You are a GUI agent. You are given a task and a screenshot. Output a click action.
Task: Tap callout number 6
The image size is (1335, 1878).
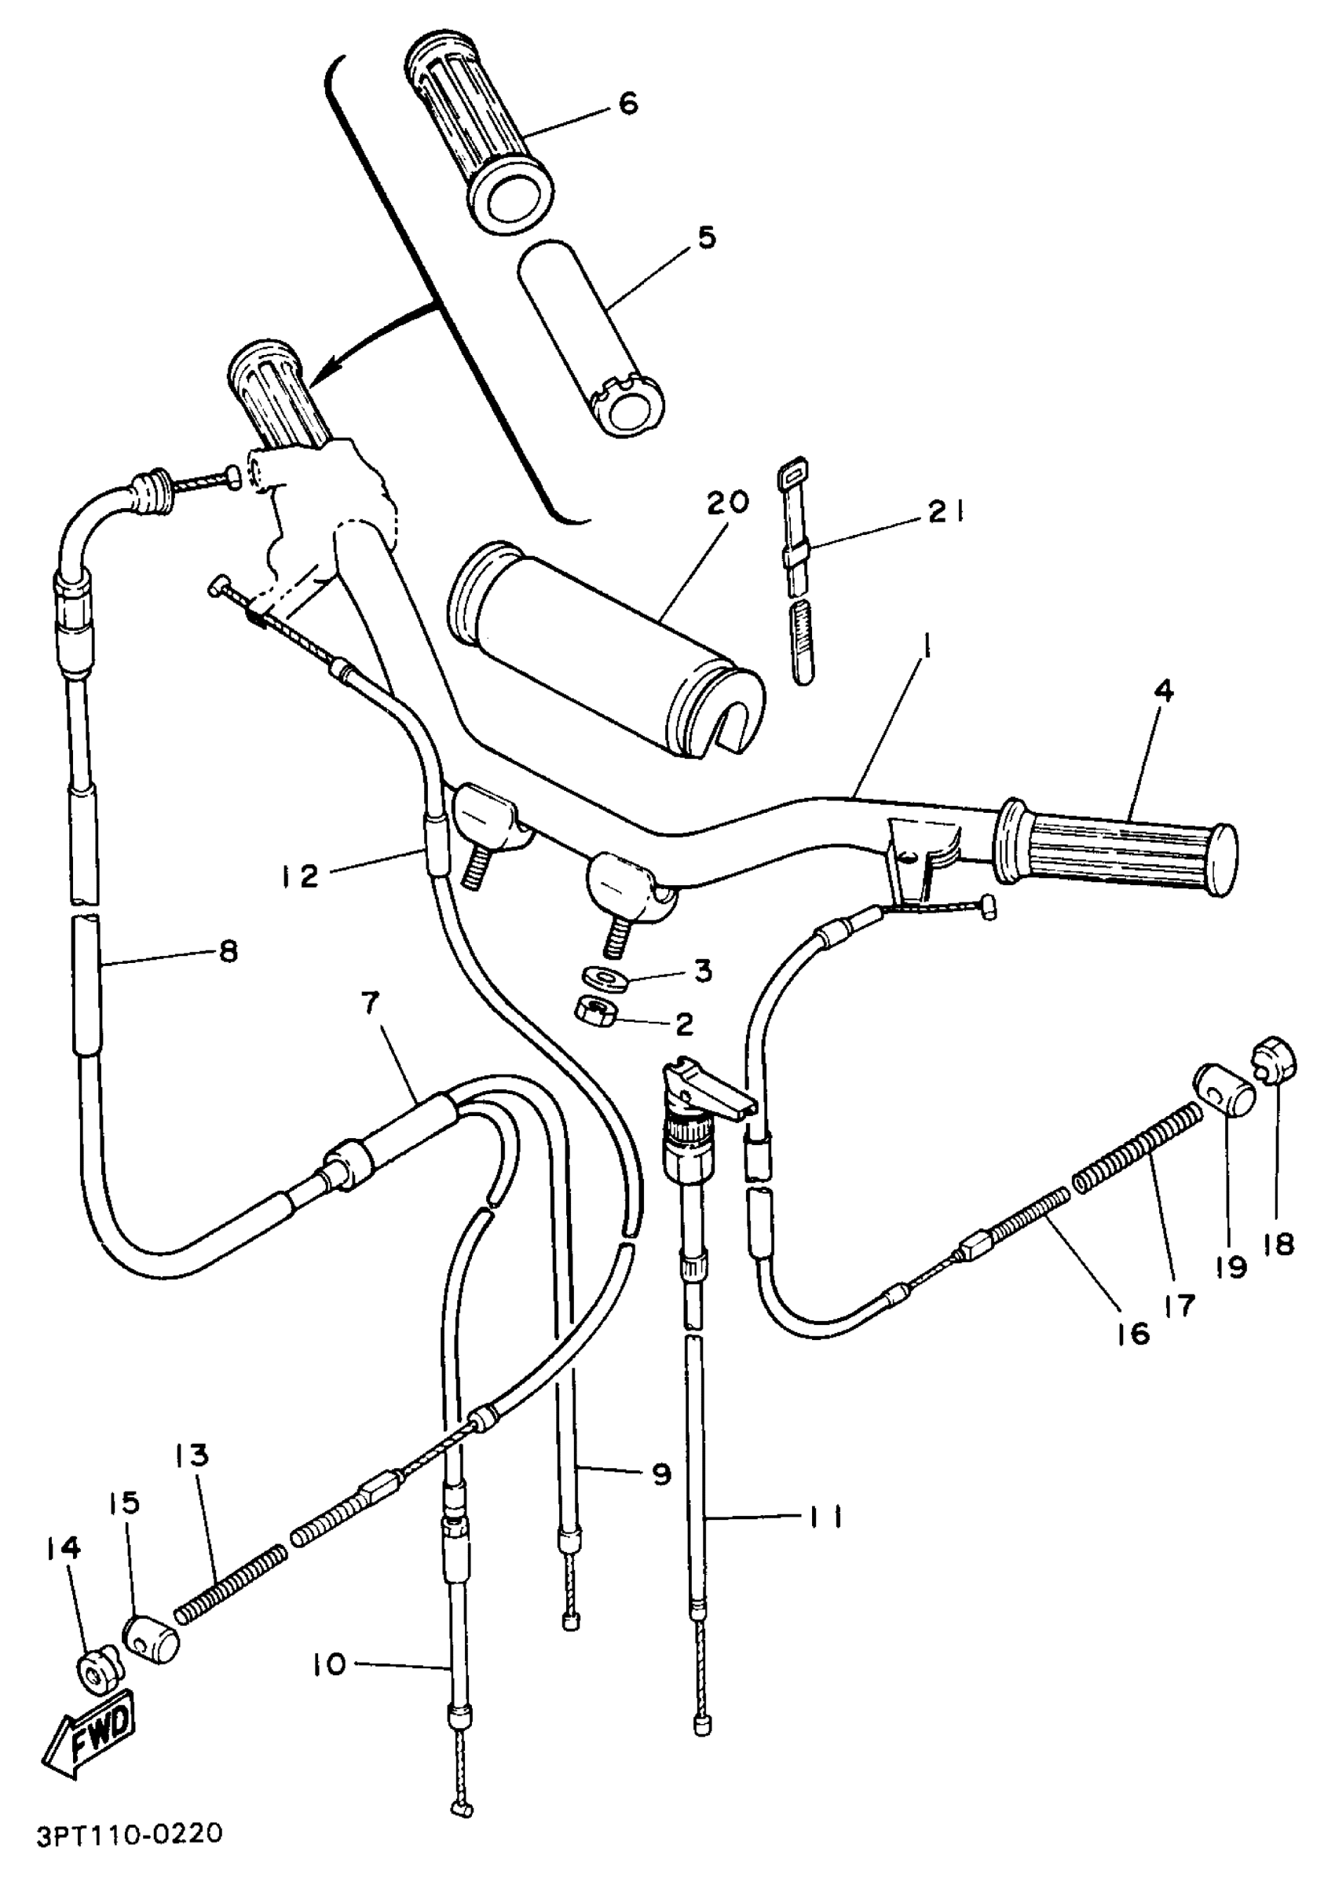coord(628,104)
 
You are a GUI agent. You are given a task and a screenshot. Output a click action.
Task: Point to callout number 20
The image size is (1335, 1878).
coord(726,502)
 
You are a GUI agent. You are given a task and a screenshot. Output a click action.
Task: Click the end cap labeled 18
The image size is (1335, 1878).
coord(1275,1058)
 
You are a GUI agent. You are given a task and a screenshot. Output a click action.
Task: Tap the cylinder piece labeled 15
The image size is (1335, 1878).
coord(152,1638)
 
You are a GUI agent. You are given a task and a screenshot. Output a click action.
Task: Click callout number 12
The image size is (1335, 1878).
coord(297,877)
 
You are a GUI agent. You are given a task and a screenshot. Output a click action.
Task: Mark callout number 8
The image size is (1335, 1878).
coord(229,951)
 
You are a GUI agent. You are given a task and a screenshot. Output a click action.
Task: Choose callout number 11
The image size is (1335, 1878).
coord(823,1516)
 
